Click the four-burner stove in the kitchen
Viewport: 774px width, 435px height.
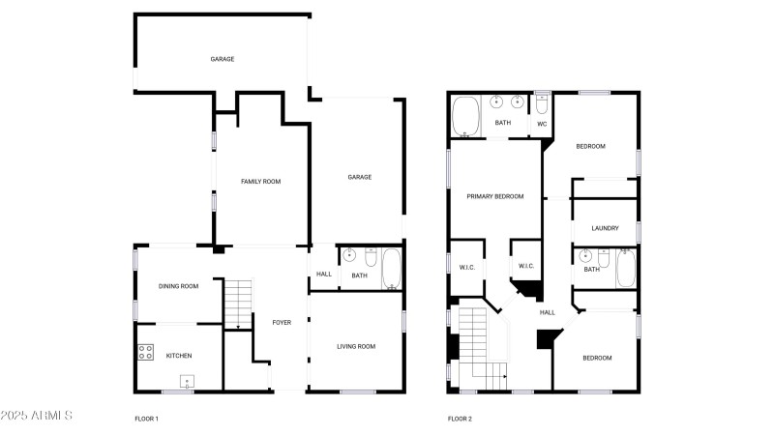146,352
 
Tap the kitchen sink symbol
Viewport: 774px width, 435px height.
187,382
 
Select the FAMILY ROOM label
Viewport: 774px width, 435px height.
260,182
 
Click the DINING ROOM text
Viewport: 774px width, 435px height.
178,286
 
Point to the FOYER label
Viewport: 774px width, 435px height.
282,323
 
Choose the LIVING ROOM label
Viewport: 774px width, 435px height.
356,347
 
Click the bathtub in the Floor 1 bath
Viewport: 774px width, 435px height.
392,269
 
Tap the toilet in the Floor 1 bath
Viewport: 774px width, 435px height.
372,257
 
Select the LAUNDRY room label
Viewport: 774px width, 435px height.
605,228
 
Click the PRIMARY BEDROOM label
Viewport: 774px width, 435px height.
495,196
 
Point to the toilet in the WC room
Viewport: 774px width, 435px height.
542,103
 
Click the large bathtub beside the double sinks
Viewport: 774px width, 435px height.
465,116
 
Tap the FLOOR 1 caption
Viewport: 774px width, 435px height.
147,419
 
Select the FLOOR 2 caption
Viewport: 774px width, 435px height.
461,419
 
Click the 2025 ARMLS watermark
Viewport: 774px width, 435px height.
37,416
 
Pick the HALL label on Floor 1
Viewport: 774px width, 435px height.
324,275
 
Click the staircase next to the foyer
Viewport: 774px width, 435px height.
238,304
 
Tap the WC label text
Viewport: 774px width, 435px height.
542,125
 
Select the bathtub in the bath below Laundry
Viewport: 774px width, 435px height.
626,269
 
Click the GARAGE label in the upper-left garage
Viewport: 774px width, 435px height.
223,59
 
